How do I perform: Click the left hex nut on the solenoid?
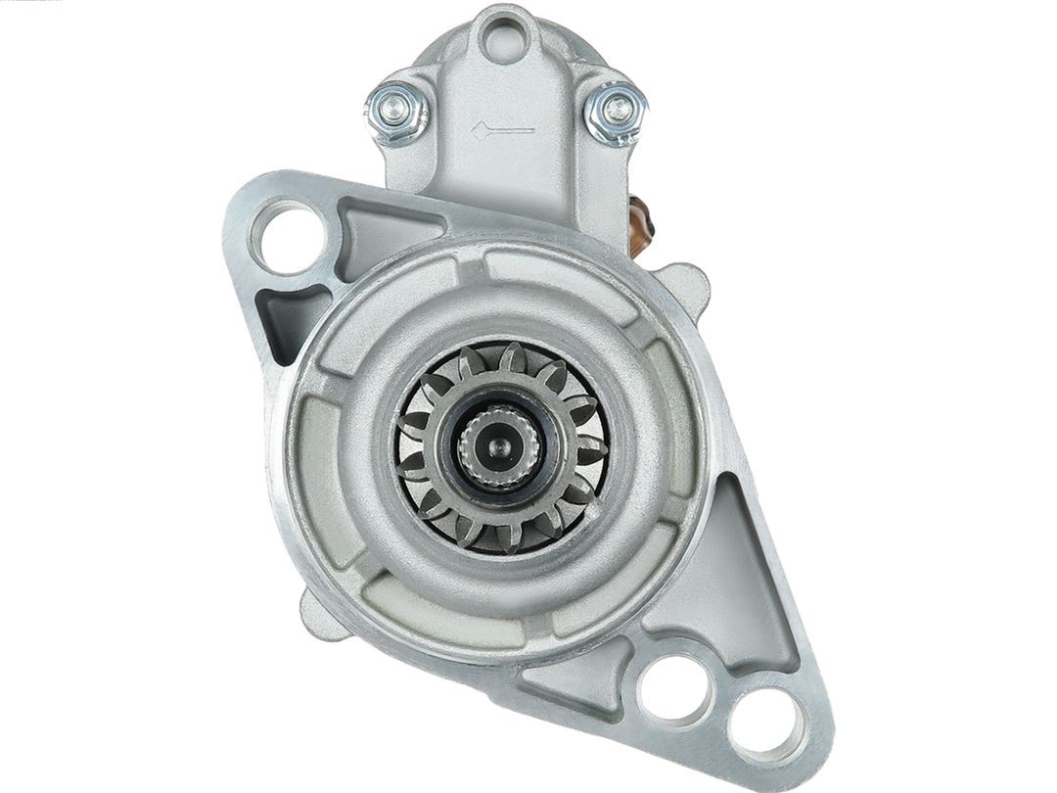(396, 111)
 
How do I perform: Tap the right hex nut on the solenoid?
(616, 111)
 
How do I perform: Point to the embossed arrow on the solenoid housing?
(502, 129)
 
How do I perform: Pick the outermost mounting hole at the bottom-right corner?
(766, 725)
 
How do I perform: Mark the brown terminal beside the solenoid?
(641, 225)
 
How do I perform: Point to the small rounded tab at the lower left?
(321, 614)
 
